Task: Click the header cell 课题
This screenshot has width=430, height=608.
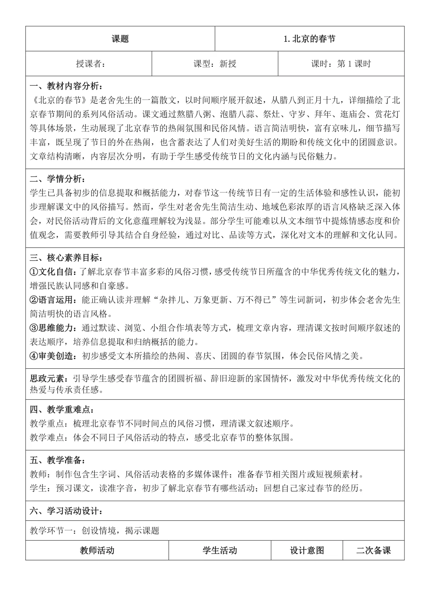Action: coord(120,39)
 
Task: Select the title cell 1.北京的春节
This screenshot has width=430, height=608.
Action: coord(309,39)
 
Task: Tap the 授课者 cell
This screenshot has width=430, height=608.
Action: coord(91,64)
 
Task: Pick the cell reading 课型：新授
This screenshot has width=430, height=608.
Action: coord(215,64)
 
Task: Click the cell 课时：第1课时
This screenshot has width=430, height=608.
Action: coord(341,64)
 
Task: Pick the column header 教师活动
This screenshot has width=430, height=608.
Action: coord(97,550)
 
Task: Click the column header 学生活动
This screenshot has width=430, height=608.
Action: coord(220,550)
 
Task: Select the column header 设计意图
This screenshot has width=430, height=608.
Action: coord(307,550)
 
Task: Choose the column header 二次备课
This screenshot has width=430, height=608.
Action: coord(373,550)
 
